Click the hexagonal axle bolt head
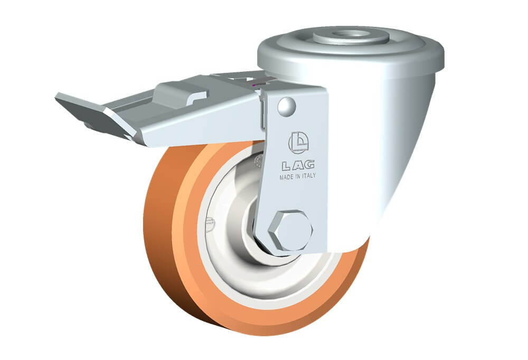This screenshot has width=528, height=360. [x=290, y=231]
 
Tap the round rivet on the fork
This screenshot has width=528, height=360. [x=287, y=107]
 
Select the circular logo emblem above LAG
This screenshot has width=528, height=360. [x=299, y=143]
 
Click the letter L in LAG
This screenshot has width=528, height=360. [x=286, y=165]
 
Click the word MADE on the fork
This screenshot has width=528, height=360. [x=287, y=177]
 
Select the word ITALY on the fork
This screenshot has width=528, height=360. [x=309, y=175]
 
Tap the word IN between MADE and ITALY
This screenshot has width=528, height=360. [x=298, y=176]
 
